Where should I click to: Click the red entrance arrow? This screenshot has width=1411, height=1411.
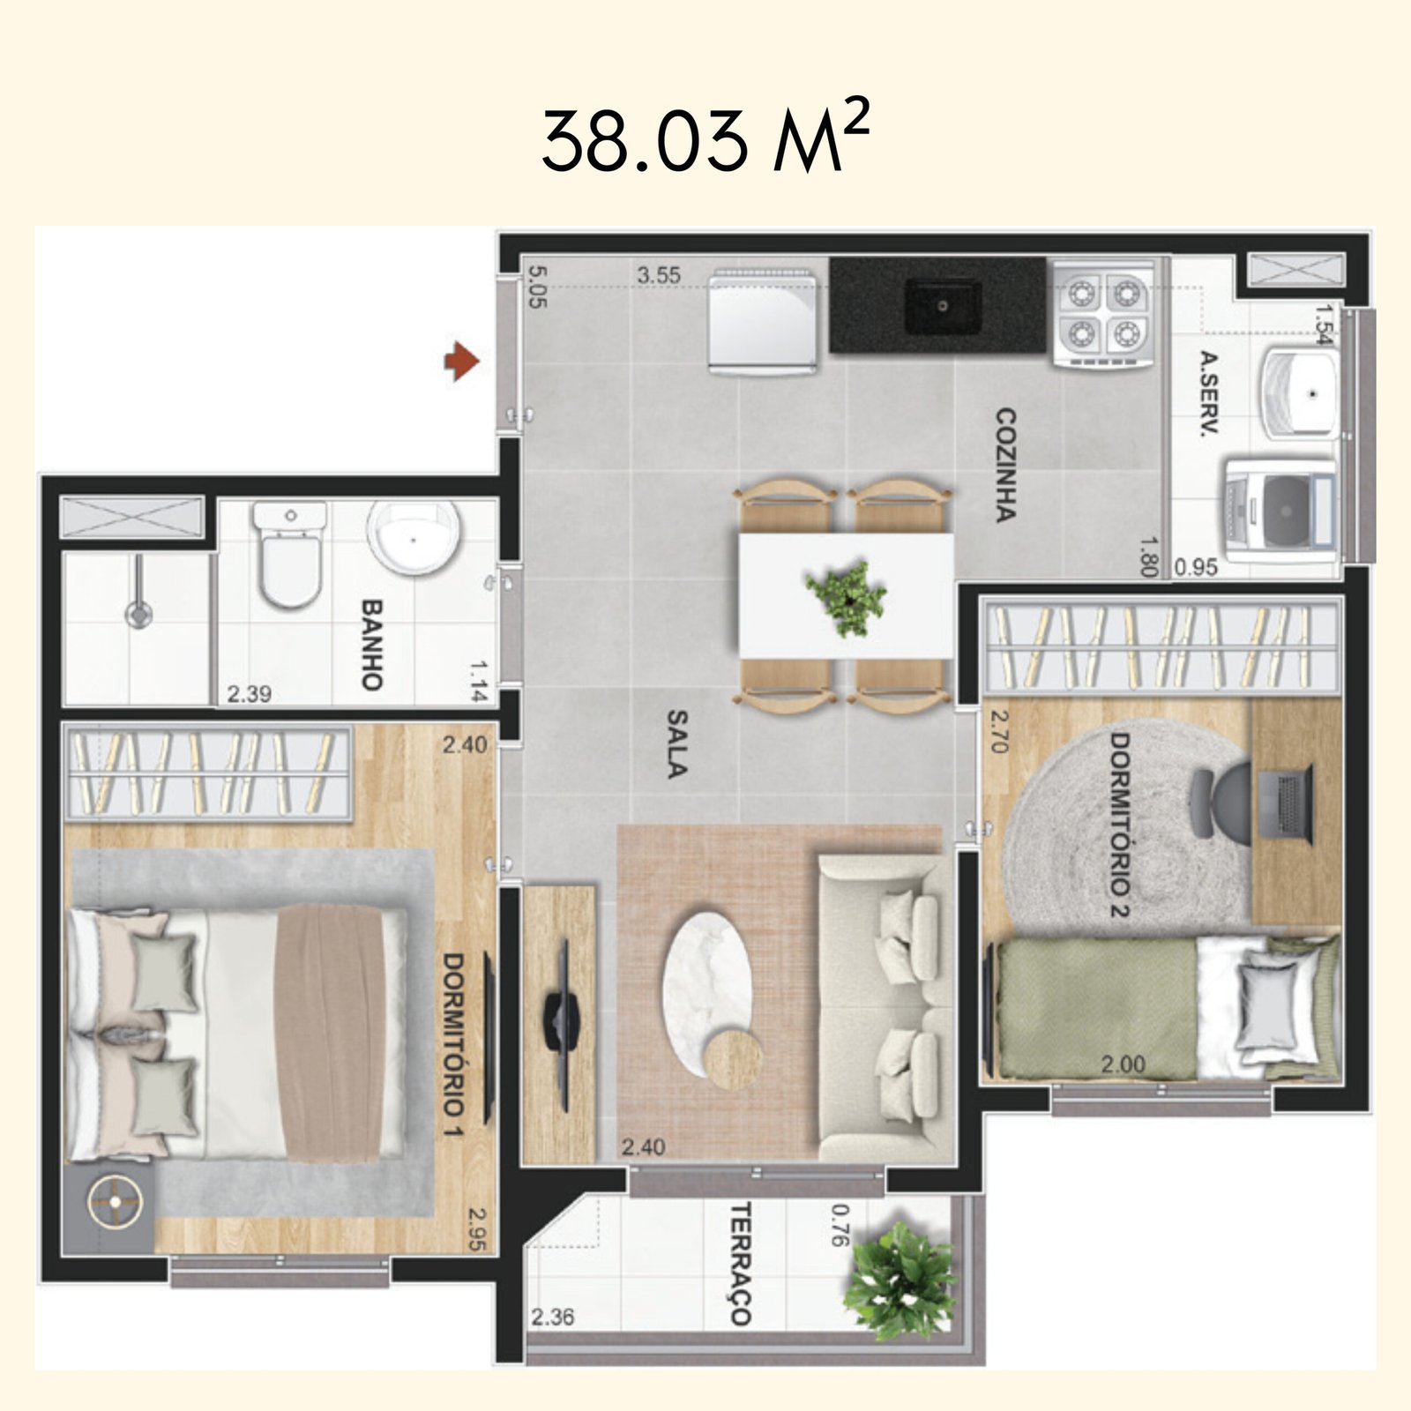tap(460, 361)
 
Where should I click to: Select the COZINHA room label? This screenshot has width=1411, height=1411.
tap(1005, 465)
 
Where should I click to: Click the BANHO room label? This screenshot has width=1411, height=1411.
tap(371, 645)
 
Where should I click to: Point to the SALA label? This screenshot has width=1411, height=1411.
tap(676, 744)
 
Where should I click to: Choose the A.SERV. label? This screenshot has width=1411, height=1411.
tap(1209, 393)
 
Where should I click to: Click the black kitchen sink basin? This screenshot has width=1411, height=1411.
tap(943, 306)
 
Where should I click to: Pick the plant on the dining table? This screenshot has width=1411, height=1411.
tap(847, 597)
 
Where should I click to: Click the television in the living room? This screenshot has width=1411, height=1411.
tap(561, 1024)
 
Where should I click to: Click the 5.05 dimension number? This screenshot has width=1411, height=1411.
tap(536, 287)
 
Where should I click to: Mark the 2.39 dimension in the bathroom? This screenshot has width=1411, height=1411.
tap(249, 694)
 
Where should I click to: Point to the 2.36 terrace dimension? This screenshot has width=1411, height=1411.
tap(552, 1317)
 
